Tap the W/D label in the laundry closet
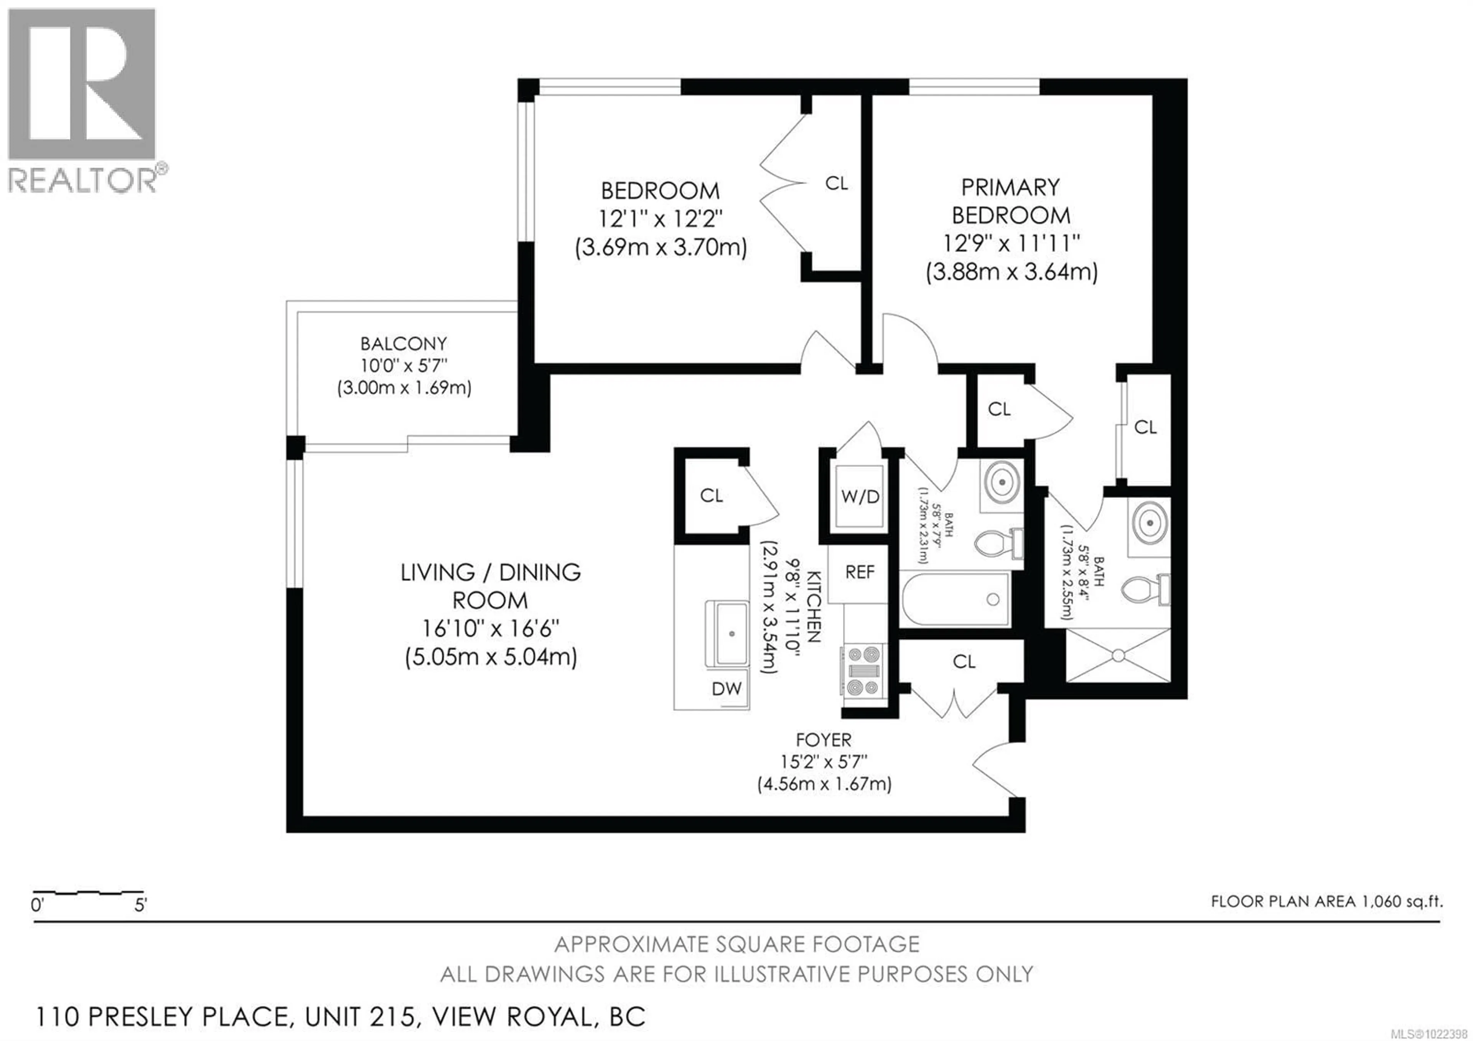click(860, 496)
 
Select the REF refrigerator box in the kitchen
click(860, 572)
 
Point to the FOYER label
click(823, 740)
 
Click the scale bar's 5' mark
click(140, 905)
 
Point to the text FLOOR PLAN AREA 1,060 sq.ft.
click(1327, 901)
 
